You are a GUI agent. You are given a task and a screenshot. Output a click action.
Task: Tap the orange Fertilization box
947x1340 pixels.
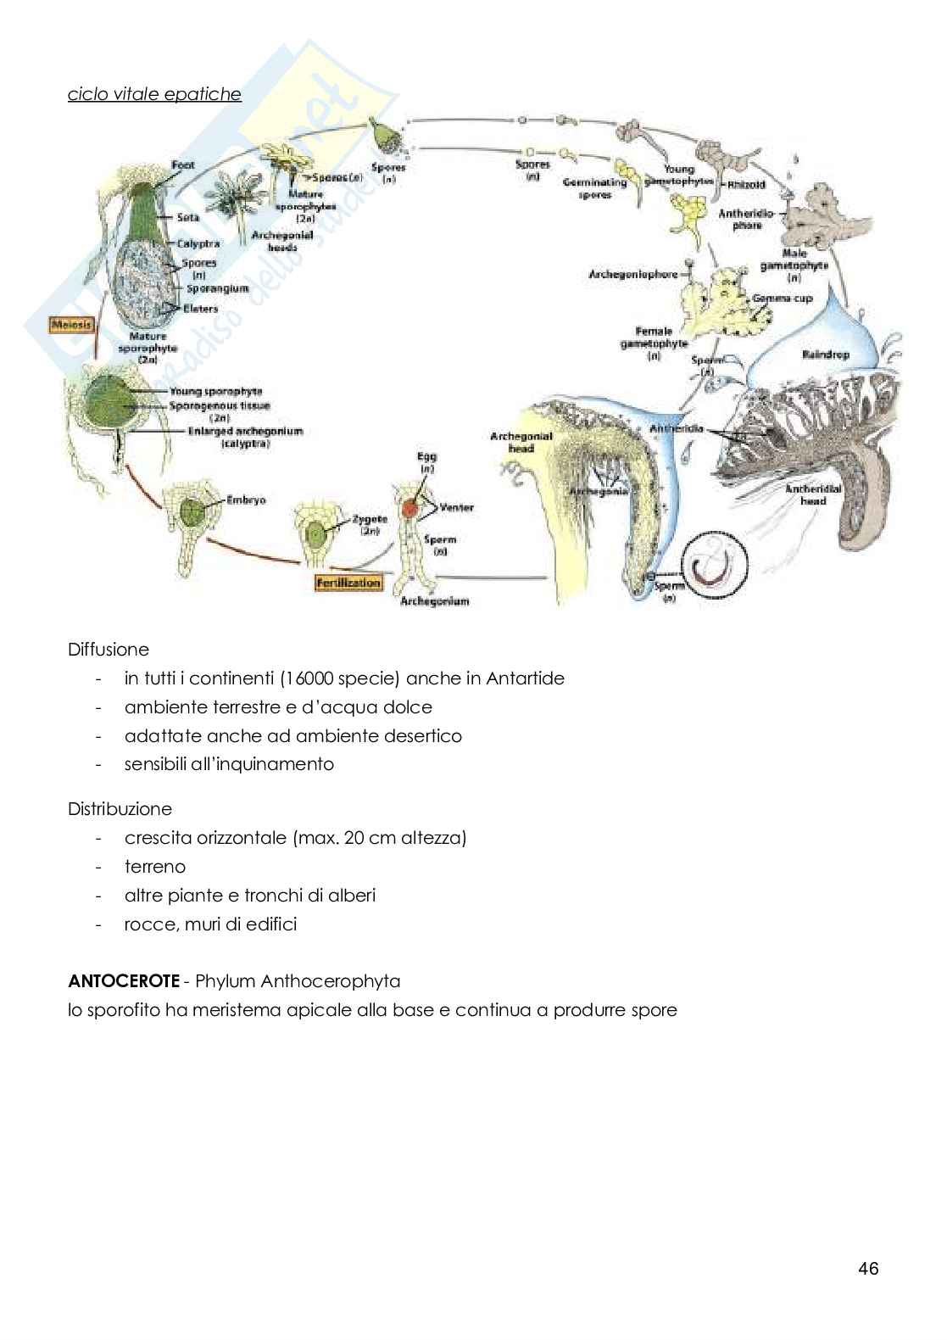click(348, 583)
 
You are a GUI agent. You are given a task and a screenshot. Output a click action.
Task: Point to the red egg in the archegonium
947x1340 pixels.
click(410, 508)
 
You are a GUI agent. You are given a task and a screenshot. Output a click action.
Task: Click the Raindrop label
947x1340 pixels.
click(824, 354)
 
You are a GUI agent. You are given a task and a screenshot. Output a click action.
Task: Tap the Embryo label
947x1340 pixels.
click(246, 500)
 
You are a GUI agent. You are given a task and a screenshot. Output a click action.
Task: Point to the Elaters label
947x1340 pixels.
click(201, 309)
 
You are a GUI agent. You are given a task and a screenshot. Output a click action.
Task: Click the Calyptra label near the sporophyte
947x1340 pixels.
click(198, 244)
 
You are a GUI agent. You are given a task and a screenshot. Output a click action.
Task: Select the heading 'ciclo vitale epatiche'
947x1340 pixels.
click(154, 94)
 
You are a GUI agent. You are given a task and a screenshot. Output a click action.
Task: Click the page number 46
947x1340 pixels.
click(868, 1269)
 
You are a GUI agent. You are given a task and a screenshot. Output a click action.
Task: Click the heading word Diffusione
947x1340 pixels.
click(109, 650)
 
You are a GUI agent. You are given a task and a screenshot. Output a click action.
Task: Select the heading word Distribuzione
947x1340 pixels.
click(120, 809)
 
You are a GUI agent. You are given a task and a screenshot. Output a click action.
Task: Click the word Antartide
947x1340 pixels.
click(526, 678)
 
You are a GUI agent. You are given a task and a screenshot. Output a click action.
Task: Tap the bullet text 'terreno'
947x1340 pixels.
click(155, 867)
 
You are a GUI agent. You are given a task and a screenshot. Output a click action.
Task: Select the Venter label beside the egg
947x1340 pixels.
click(456, 507)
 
